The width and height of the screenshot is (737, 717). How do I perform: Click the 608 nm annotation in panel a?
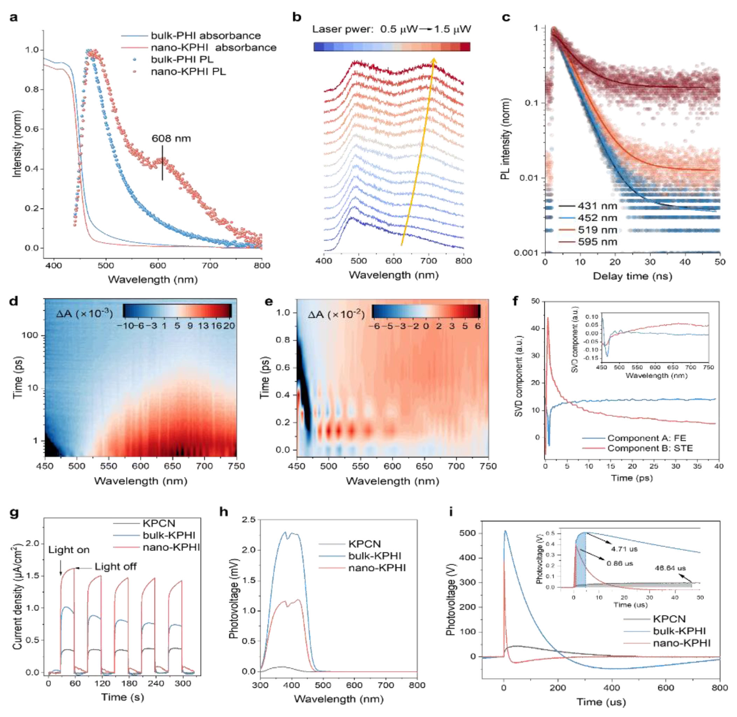(171, 138)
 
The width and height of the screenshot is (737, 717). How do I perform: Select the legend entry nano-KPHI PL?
(188, 71)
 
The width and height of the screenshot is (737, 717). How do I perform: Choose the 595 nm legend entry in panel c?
(597, 242)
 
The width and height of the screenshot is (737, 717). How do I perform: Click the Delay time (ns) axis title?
(632, 276)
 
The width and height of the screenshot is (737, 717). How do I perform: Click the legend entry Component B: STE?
(650, 448)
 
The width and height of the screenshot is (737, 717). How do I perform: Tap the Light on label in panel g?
(69, 550)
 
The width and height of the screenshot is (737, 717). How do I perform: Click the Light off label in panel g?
(116, 566)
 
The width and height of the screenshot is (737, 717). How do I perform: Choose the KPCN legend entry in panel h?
(364, 544)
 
